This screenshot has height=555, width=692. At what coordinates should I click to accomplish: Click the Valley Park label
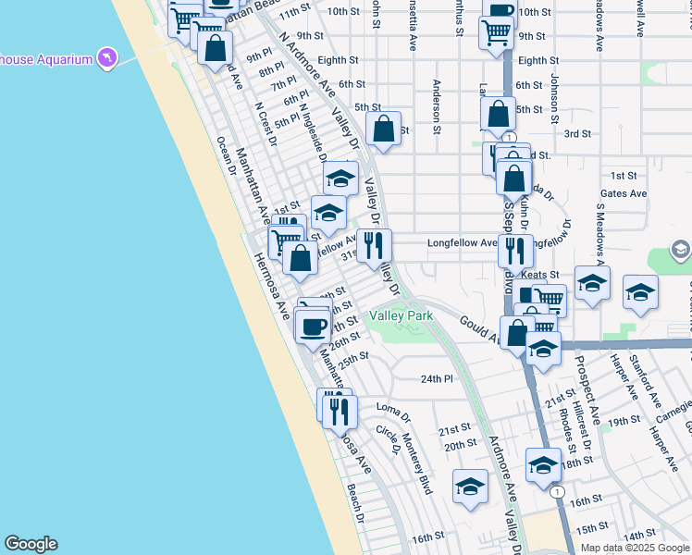tap(402, 316)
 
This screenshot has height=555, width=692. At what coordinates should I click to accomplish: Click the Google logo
tap(31, 544)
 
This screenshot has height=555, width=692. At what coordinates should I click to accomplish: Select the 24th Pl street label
tap(437, 379)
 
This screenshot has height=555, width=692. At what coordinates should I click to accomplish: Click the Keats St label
tap(540, 275)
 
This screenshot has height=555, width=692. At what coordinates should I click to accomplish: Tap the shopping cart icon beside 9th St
tap(496, 32)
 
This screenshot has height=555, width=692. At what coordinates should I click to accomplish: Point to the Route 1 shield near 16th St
tap(557, 492)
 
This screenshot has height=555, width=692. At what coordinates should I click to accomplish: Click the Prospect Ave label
tap(587, 389)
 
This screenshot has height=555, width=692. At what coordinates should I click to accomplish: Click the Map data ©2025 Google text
tap(635, 548)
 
